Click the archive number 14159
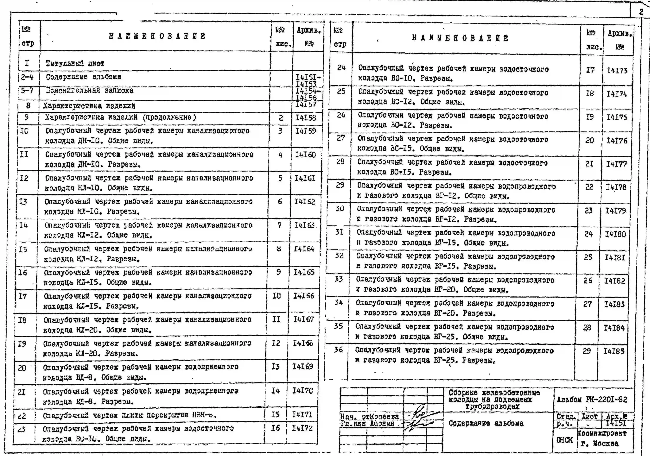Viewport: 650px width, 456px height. coord(305,131)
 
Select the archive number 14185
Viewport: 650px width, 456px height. coord(614,351)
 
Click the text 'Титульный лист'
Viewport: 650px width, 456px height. coord(75,63)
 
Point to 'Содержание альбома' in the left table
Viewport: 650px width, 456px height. coord(84,77)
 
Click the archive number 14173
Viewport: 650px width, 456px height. coord(617,70)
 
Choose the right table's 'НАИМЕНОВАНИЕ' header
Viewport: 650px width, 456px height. coord(460,38)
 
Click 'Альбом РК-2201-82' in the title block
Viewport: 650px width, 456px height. coord(592,400)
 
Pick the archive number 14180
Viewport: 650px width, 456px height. coord(615,234)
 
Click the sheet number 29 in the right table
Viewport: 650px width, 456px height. coord(587,351)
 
